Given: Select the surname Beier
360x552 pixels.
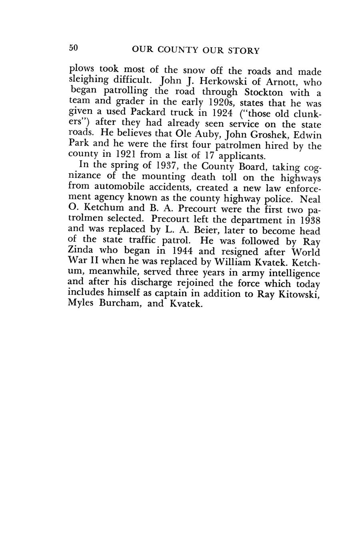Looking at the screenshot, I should point(202,231).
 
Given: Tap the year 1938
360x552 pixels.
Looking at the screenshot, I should point(308,220).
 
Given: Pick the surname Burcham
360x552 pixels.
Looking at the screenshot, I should point(129,303).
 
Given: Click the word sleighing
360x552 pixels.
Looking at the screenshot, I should point(90,83).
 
